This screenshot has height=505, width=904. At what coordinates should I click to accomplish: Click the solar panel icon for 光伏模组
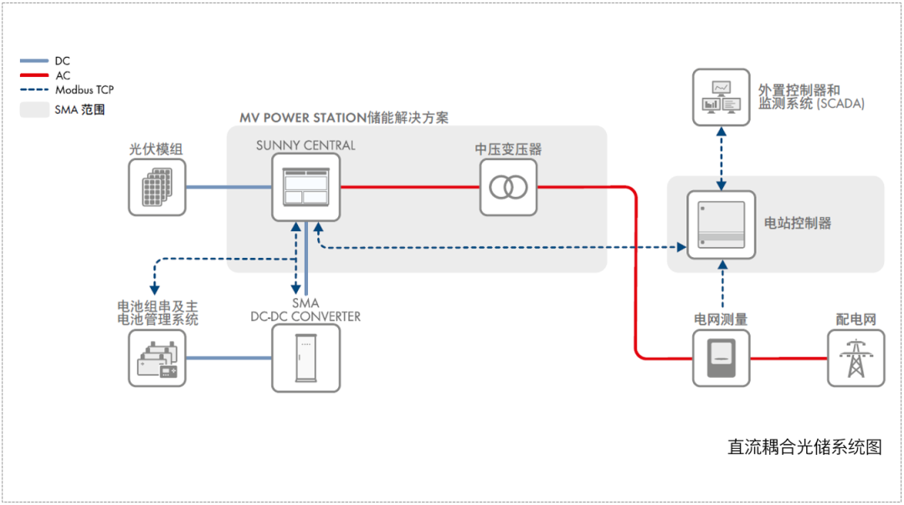[157, 188]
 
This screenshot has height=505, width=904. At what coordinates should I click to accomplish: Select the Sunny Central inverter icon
[306, 188]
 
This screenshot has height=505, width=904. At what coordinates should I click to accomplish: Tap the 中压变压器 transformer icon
[508, 188]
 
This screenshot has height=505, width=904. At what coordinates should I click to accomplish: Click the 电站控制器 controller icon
[721, 224]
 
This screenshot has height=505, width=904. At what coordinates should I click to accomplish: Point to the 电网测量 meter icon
[722, 358]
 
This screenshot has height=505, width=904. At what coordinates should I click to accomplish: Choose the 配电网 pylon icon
[855, 358]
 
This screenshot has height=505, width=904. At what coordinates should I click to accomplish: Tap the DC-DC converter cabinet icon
[306, 358]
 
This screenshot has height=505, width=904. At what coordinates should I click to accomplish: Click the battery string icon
[157, 358]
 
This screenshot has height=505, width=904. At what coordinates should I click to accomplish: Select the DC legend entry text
[63, 61]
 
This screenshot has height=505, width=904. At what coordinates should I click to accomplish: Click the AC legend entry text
[63, 75]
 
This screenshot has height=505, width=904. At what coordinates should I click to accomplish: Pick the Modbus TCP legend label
[85, 90]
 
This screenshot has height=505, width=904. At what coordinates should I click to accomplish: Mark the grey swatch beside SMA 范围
[34, 109]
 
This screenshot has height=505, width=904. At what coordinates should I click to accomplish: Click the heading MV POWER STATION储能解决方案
[343, 118]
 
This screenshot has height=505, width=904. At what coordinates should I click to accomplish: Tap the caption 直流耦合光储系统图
[804, 447]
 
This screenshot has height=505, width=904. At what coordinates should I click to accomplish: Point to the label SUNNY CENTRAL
[306, 146]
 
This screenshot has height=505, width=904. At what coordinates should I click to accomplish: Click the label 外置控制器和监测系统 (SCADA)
[810, 96]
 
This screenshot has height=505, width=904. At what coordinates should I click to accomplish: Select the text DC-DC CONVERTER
[306, 317]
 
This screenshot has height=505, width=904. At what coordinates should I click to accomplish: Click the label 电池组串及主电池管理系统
[157, 312]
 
